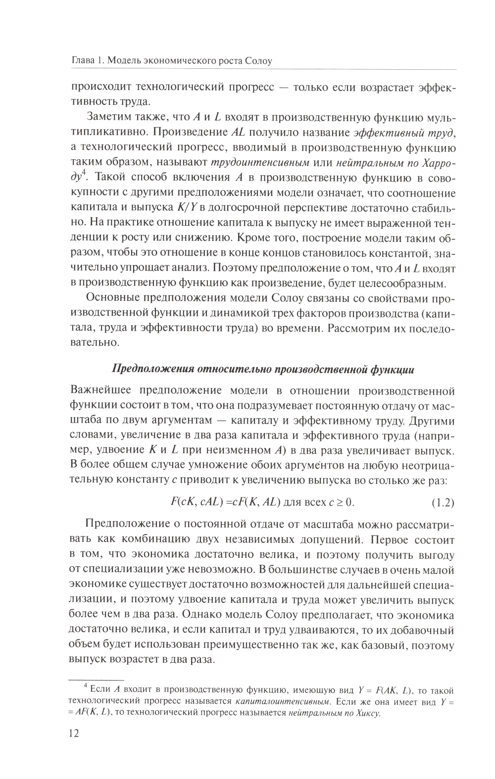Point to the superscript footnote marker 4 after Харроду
(85, 172)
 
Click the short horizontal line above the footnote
(95, 679)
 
